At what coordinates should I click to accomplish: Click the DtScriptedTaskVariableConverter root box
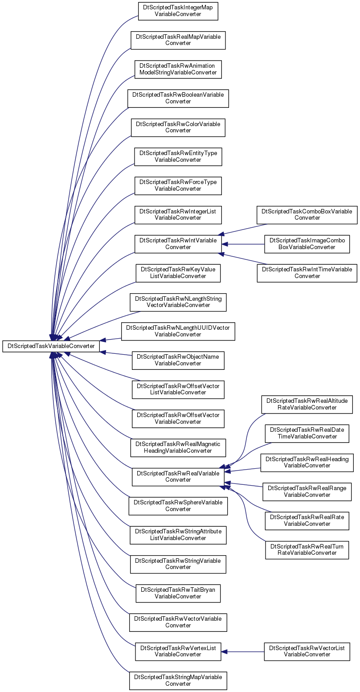click(x=51, y=346)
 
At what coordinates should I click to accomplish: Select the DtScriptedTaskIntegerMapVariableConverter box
click(x=178, y=11)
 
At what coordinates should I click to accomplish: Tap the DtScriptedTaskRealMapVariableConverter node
click(x=178, y=40)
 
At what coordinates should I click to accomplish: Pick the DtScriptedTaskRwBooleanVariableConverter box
click(x=178, y=98)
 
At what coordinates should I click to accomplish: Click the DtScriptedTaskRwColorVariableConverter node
click(x=178, y=127)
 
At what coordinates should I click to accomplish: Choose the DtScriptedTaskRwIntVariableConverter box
click(x=178, y=244)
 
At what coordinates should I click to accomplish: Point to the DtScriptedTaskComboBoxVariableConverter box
click(x=307, y=215)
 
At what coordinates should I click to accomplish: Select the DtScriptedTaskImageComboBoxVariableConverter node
click(x=307, y=244)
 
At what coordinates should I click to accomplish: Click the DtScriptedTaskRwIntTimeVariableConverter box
click(x=307, y=273)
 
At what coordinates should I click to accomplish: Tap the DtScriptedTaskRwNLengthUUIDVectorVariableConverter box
click(x=178, y=332)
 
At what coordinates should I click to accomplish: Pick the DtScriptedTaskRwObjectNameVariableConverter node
click(x=178, y=360)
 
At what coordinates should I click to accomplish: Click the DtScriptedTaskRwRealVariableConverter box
click(x=178, y=477)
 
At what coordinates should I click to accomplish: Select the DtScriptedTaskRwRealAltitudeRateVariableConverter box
click(x=307, y=404)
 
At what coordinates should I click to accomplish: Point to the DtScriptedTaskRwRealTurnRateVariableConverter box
click(x=307, y=549)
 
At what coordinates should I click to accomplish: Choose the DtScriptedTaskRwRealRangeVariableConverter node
click(x=307, y=491)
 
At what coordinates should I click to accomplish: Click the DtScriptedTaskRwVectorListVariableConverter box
click(x=307, y=651)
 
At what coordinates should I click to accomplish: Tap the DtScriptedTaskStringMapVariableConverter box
click(x=178, y=680)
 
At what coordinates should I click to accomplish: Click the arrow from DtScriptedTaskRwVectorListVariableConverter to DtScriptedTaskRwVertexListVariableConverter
click(x=242, y=652)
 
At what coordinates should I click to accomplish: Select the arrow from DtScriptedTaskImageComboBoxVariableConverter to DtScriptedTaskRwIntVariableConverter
click(x=243, y=244)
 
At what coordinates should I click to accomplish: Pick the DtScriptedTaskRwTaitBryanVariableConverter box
click(x=178, y=593)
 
